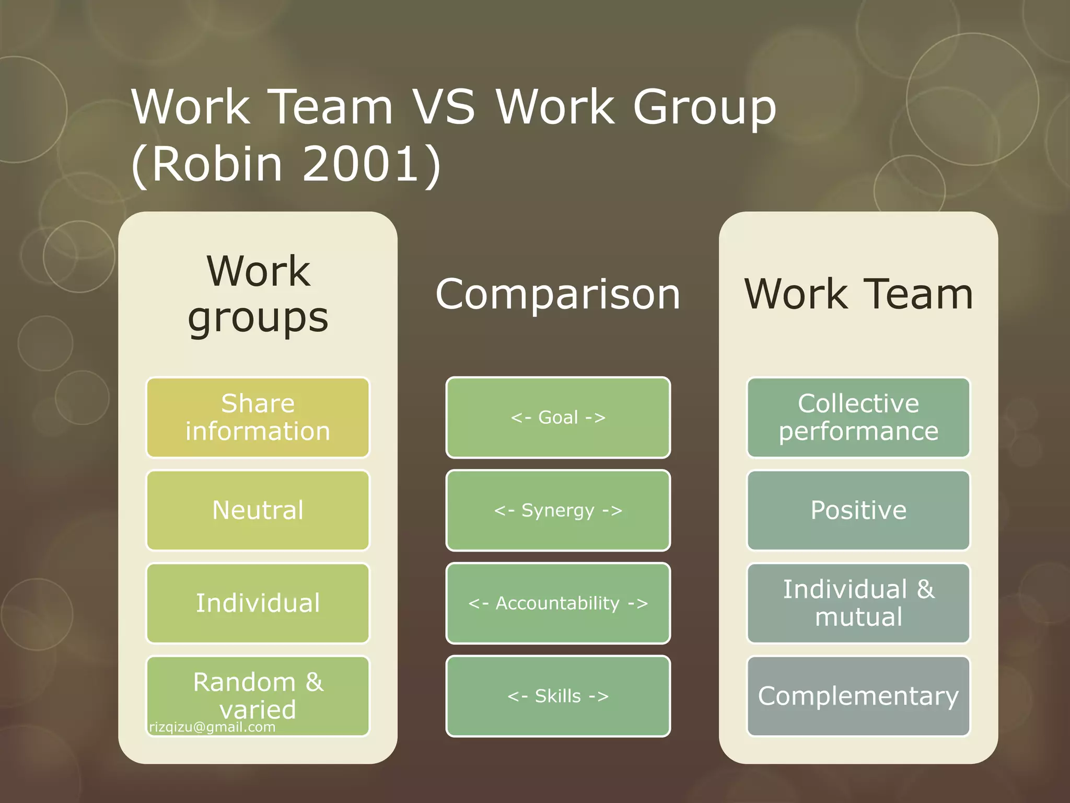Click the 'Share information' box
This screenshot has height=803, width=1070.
click(258, 417)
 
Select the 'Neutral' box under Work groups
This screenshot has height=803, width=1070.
click(258, 510)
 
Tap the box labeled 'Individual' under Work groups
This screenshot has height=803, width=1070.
click(258, 603)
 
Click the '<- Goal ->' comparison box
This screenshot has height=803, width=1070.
click(558, 417)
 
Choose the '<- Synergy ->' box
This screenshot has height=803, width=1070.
click(558, 510)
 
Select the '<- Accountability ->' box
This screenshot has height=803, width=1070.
click(558, 603)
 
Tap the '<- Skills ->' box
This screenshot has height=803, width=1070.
click(558, 696)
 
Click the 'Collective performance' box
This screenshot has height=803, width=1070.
click(858, 417)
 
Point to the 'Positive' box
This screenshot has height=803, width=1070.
click(858, 510)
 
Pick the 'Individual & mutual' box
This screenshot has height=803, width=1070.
click(858, 603)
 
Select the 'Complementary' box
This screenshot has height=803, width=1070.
click(858, 696)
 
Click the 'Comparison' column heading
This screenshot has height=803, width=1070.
click(558, 294)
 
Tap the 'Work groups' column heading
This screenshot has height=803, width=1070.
click(258, 294)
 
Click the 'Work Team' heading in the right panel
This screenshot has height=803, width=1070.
click(858, 294)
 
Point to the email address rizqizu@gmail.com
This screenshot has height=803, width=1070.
click(212, 727)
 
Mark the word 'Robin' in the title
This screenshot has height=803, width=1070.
click(217, 164)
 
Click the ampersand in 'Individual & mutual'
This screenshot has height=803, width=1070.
click(925, 589)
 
